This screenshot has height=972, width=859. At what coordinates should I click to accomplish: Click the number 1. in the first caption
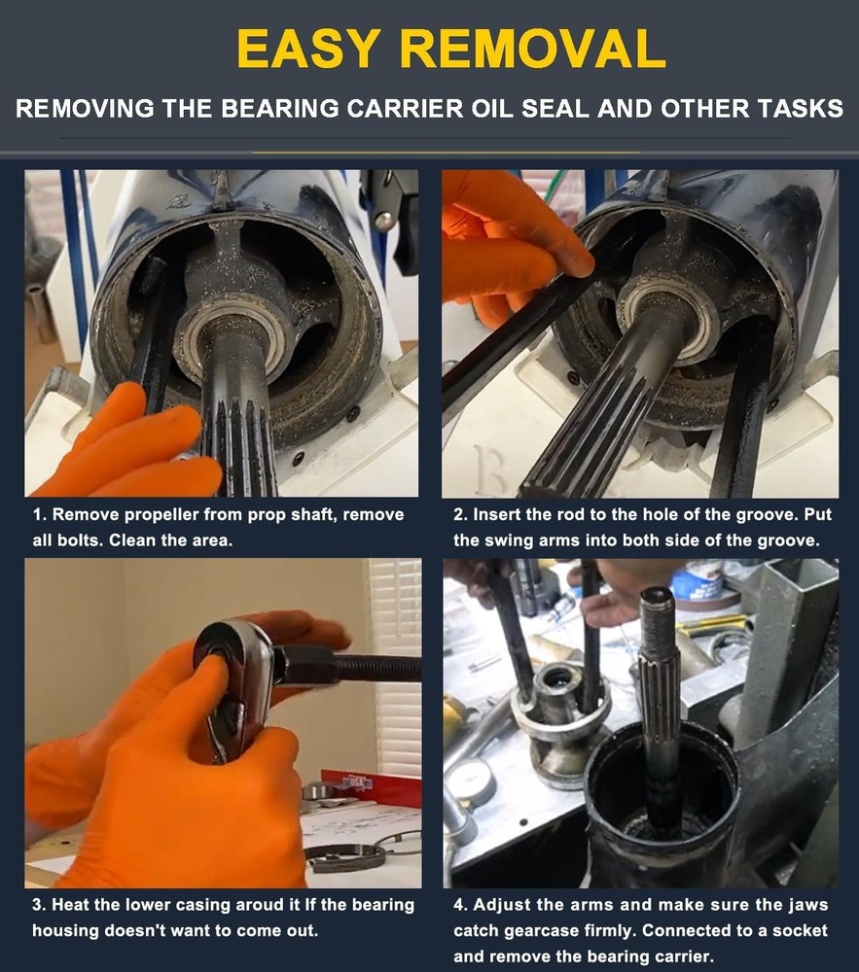[40, 515]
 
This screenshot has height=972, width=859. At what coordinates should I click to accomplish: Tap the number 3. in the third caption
[40, 905]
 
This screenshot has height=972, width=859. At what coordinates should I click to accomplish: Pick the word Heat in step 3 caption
[72, 905]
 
